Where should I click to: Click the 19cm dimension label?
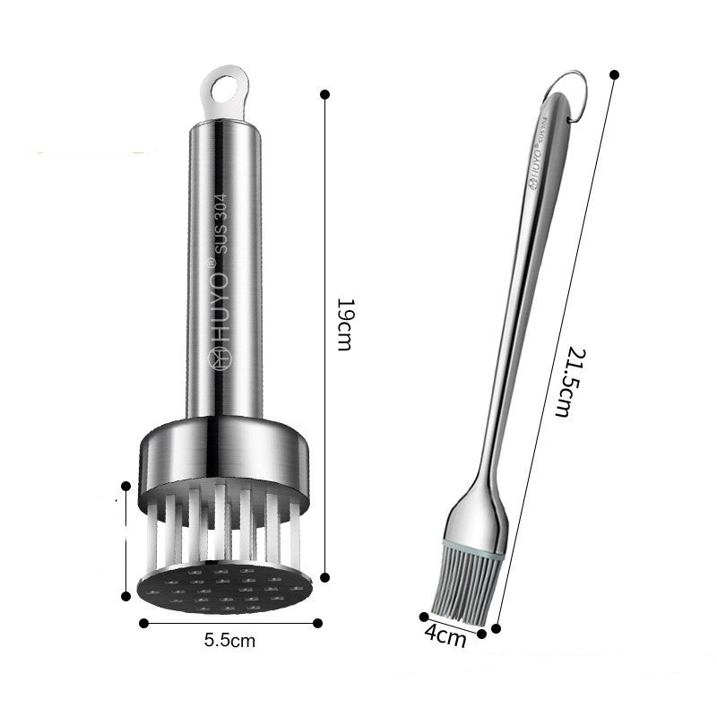pyautogui.click(x=342, y=324)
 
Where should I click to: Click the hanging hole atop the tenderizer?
pyautogui.click(x=220, y=90)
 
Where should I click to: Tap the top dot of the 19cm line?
pyautogui.click(x=324, y=93)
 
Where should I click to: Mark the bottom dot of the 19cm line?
pyautogui.click(x=324, y=577)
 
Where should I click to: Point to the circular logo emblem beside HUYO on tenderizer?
pyautogui.click(x=219, y=358)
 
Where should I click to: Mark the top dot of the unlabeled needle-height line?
pyautogui.click(x=125, y=487)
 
